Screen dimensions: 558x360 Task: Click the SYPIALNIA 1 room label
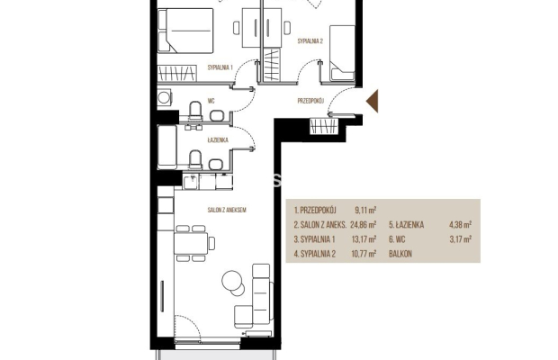(x=220, y=67)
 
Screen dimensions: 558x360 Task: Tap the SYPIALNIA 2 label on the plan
(x=310, y=41)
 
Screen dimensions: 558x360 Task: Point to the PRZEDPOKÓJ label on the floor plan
(x=310, y=101)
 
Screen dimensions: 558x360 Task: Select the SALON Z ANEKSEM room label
(x=227, y=211)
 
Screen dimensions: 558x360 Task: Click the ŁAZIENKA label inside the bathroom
(x=218, y=140)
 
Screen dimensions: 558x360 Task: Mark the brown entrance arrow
(x=373, y=102)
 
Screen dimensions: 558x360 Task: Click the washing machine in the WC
(x=165, y=97)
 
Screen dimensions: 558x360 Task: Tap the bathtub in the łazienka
(x=166, y=146)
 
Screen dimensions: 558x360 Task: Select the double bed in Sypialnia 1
(x=185, y=31)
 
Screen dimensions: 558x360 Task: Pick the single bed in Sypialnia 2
(x=342, y=53)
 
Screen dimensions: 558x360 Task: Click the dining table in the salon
(x=191, y=243)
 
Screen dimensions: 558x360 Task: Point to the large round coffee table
(x=231, y=281)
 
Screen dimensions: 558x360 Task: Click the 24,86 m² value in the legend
(x=364, y=225)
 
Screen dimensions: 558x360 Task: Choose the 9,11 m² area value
(x=365, y=211)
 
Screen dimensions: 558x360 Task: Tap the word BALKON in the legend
(x=400, y=254)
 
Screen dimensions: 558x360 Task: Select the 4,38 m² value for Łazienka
(x=461, y=225)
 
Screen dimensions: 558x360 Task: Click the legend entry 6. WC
(x=397, y=239)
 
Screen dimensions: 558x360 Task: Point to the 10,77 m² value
(x=364, y=254)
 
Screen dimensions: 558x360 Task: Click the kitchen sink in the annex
(x=192, y=181)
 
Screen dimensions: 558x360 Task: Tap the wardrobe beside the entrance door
(x=323, y=126)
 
